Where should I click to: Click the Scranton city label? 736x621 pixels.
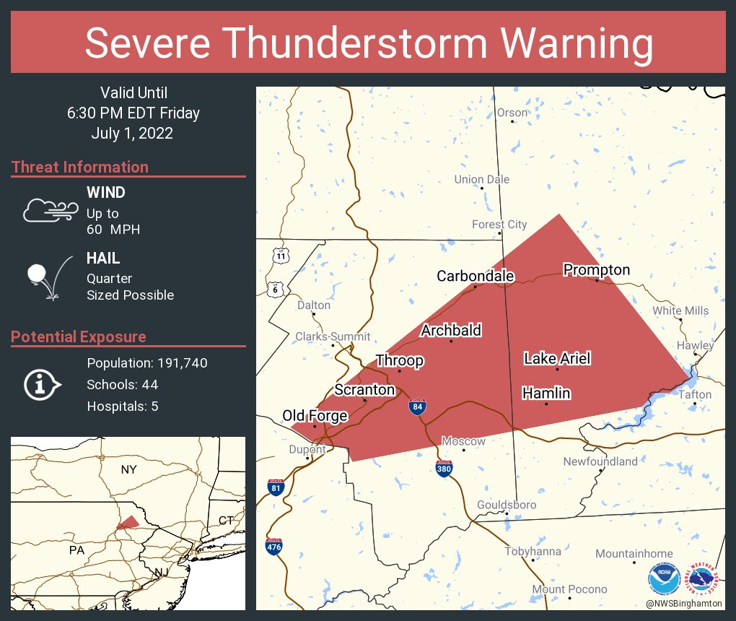pyautogui.click(x=364, y=390)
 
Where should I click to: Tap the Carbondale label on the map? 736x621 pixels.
pyautogui.click(x=475, y=276)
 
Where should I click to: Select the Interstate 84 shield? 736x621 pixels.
pyautogui.click(x=418, y=407)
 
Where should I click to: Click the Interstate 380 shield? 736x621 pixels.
pyautogui.click(x=444, y=469)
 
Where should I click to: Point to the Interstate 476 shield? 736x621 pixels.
pyautogui.click(x=274, y=547)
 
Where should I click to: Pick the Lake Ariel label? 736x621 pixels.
pyautogui.click(x=557, y=358)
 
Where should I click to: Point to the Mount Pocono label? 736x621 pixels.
pyautogui.click(x=569, y=589)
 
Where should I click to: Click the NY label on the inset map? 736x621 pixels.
pyautogui.click(x=128, y=470)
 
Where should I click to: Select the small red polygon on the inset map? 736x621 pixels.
pyautogui.click(x=128, y=522)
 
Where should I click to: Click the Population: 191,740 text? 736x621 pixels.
pyautogui.click(x=146, y=362)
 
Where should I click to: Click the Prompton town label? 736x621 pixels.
pyautogui.click(x=596, y=270)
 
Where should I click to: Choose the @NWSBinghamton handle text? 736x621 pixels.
pyautogui.click(x=684, y=603)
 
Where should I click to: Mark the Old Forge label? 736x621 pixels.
pyautogui.click(x=315, y=416)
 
